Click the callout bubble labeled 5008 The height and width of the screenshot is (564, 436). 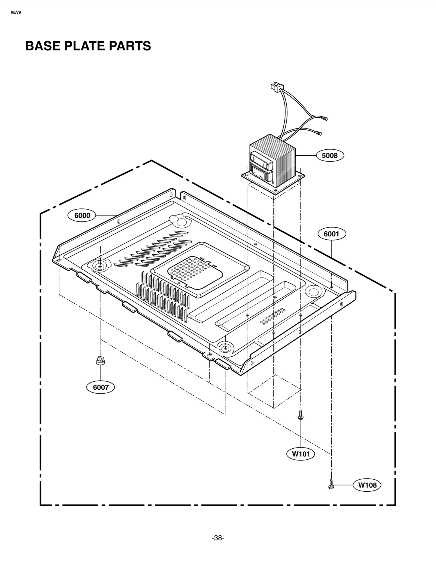point(330,156)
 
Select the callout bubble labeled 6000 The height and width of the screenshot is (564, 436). point(82,215)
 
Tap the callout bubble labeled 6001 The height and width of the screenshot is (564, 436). point(331,234)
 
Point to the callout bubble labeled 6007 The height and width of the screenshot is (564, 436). point(101,387)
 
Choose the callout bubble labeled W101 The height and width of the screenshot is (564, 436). point(301,454)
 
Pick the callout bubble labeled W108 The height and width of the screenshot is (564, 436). point(367,485)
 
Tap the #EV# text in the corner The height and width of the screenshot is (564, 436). point(16,13)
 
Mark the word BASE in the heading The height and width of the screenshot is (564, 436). point(43,46)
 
